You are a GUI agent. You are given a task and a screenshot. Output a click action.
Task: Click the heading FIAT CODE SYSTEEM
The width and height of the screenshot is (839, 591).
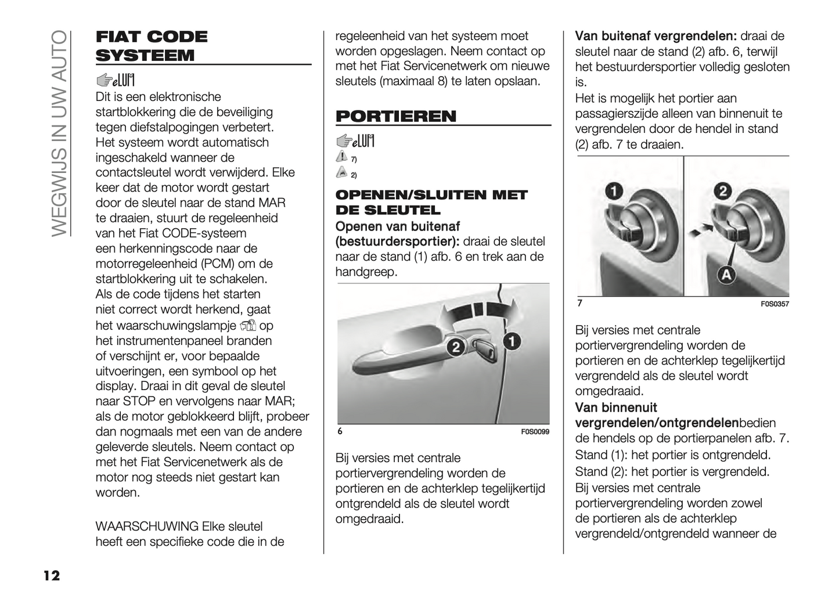coord(152,46)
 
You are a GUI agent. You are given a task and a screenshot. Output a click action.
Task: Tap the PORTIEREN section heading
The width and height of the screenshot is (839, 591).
coord(396,116)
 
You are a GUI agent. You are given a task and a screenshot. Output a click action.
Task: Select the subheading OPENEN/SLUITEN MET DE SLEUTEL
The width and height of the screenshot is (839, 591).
coord(431,202)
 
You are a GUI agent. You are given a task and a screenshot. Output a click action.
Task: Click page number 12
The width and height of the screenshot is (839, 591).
coord(51,575)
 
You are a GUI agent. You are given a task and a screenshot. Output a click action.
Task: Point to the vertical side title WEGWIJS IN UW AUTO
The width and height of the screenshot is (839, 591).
coord(60,133)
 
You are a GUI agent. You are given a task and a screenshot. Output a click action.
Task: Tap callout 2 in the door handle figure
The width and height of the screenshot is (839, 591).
coord(456,347)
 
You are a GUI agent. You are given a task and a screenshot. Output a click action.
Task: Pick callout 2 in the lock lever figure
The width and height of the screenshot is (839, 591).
coord(722,190)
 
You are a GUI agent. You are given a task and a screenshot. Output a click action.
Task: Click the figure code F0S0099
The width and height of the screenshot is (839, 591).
coord(535,432)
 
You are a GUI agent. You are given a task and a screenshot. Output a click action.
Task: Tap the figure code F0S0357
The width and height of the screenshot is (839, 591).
coord(775,304)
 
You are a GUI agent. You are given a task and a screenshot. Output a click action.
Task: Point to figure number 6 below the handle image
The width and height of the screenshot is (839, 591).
coord(340,431)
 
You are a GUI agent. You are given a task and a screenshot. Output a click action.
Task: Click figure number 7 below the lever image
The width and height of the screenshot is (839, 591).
coord(579,303)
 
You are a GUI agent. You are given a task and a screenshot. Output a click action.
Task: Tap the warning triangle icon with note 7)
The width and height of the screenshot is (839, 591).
coord(341,157)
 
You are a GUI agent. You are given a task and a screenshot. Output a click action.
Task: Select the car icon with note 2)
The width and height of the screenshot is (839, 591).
coord(341,172)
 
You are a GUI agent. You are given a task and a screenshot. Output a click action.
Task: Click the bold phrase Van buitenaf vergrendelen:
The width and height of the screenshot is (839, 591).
coord(656,36)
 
